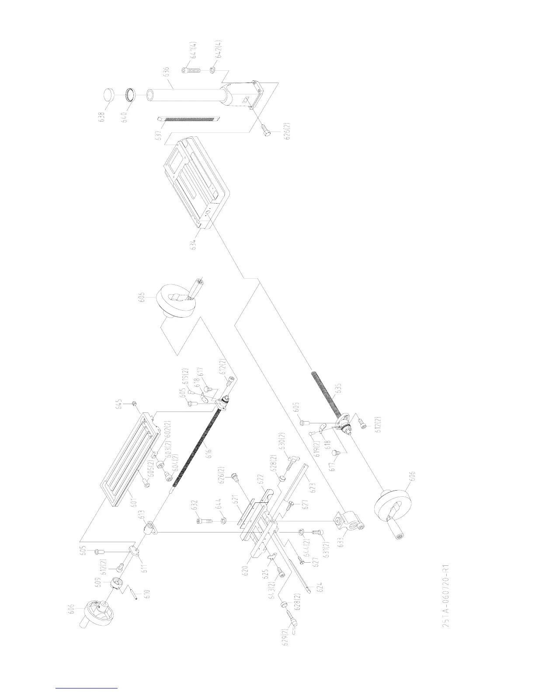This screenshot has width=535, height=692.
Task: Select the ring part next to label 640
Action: click(130, 94)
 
